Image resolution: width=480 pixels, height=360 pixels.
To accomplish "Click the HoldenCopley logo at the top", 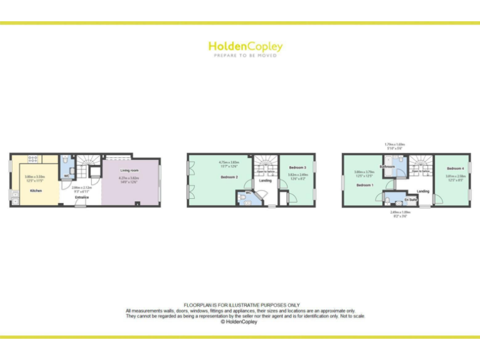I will (x=245, y=46).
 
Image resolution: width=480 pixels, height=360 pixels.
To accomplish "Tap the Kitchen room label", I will (x=36, y=190).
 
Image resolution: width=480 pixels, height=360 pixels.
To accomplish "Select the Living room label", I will (x=129, y=170).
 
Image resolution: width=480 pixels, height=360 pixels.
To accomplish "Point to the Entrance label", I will (x=82, y=197).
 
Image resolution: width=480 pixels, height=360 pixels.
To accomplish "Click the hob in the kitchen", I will (x=33, y=159).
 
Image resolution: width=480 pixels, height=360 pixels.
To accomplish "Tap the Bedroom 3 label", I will (x=297, y=168).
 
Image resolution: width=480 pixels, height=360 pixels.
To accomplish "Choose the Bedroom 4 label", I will (x=455, y=168).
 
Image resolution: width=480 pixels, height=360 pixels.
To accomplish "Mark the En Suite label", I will (x=411, y=200).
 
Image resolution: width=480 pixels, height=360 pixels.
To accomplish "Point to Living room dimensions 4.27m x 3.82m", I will (x=129, y=179).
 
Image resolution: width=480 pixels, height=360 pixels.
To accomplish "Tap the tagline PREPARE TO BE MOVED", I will (x=245, y=56).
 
